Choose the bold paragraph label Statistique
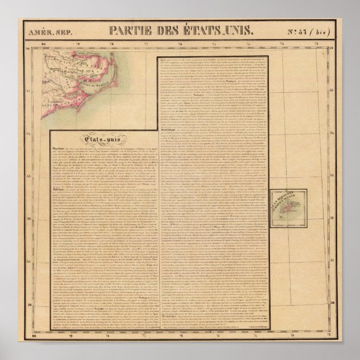(x=168, y=128)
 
